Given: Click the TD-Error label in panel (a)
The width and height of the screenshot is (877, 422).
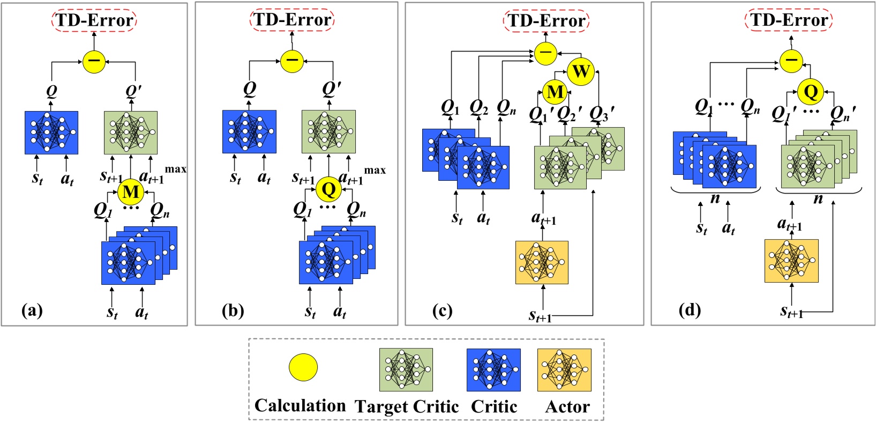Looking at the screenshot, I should pos(94,20).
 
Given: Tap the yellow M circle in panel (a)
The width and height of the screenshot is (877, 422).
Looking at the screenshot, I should pos(131,192).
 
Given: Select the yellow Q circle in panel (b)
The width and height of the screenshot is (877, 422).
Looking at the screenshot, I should pos(328,189).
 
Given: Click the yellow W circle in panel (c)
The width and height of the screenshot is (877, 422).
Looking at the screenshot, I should pos(581,71).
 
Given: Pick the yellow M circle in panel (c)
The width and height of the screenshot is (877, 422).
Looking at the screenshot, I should pos(555,92).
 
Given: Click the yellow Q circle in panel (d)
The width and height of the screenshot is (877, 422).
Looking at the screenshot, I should pos(811,92).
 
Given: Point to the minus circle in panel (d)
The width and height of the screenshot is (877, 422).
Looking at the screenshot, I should pos(791,60).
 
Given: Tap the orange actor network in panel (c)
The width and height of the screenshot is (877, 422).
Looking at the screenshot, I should pos(542,262).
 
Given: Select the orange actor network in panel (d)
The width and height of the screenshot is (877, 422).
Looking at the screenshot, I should pos(791,261).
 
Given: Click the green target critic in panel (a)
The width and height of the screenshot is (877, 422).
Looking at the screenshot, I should pos(131,132).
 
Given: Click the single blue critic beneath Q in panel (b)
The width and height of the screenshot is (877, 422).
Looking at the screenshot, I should pos(250,132).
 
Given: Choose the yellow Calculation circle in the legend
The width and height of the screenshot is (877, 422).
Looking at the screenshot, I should pos(303,367).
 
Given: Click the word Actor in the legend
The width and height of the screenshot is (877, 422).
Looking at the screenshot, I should pos(567,407).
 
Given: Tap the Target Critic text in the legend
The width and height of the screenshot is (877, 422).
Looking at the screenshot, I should pos(407,407).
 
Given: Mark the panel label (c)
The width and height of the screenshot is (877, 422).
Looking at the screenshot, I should pos(442,310).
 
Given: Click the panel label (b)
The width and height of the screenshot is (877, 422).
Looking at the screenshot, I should pos(233,310).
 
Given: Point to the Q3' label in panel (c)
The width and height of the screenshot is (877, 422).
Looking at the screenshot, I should pos(602,114).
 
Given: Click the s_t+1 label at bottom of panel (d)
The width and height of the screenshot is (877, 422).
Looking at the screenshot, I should pos(791,312).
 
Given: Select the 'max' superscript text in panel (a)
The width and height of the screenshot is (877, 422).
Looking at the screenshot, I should pos(175,169).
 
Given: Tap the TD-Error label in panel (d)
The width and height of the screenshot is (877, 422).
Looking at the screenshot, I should pos(789,20).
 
